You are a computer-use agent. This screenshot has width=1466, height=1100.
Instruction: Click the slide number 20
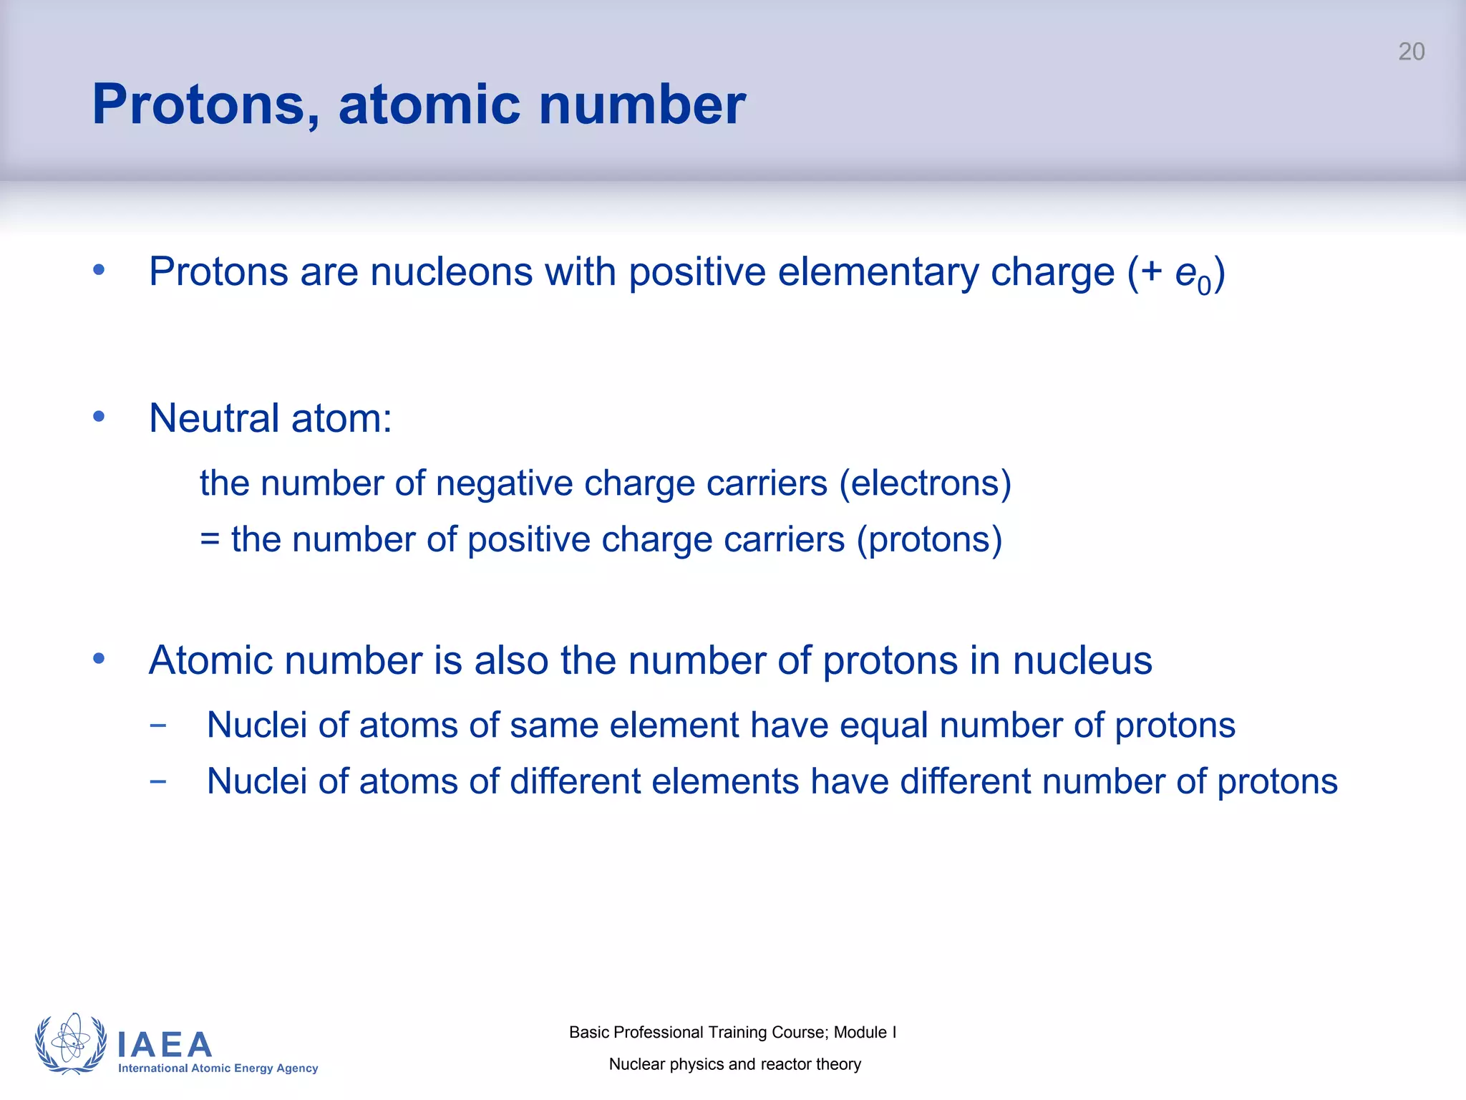click(1411, 52)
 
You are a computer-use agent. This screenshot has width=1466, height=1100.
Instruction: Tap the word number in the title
click(641, 105)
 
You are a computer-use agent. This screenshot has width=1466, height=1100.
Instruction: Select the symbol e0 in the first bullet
click(1192, 275)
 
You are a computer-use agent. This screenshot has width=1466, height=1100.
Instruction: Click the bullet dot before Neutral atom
click(99, 416)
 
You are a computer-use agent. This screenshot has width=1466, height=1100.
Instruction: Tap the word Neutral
click(214, 418)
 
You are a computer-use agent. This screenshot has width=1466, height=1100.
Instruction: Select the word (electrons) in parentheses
click(925, 483)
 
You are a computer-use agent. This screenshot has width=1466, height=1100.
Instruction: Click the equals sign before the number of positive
click(210, 539)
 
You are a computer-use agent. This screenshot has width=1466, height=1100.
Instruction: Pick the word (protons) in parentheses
click(929, 539)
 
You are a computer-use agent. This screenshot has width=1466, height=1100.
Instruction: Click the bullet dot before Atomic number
click(99, 658)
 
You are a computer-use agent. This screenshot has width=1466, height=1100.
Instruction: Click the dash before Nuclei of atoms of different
click(158, 781)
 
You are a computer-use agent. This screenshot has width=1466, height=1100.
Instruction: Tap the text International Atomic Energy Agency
click(218, 1068)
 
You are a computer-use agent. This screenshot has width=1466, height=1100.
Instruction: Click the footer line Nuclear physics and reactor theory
click(734, 1064)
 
